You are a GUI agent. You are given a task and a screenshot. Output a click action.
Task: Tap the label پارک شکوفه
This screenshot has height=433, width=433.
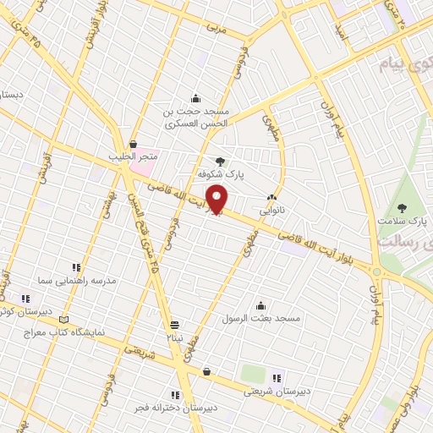coord(221,173)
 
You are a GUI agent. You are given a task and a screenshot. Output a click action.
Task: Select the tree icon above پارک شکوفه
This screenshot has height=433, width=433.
coord(221,160)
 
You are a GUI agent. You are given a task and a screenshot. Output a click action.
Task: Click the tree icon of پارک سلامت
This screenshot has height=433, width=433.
coord(402,207)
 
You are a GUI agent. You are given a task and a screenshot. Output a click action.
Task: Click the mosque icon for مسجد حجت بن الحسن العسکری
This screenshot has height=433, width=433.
coord(196,98)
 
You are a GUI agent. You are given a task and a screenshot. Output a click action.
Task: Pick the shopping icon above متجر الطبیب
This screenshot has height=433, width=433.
coord(134,145)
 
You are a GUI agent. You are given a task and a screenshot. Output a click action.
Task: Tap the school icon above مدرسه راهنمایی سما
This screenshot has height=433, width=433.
coord(76,267)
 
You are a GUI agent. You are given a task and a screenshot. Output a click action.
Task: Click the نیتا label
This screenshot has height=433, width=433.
coord(173,337)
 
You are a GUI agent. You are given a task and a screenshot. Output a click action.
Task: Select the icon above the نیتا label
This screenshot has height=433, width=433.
coord(174,324)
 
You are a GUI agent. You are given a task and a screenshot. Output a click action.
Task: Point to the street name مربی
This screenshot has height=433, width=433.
coord(217,28)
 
